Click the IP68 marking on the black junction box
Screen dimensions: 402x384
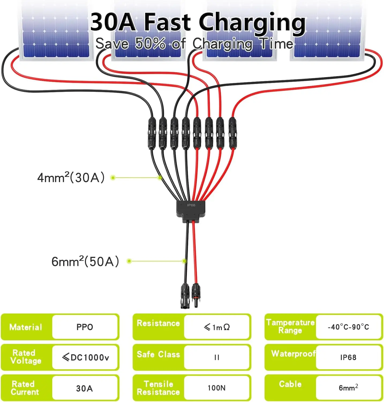(191, 205)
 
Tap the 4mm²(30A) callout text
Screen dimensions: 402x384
(71, 178)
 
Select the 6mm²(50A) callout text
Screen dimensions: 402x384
(85, 262)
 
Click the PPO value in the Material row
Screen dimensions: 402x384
(85, 327)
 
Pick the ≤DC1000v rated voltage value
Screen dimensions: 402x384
(85, 357)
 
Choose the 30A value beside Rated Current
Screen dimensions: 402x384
(84, 388)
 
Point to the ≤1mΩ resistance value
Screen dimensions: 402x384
(217, 327)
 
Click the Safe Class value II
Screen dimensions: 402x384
(217, 358)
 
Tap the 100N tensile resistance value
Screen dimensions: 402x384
(217, 388)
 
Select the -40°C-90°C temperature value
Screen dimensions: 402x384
(348, 327)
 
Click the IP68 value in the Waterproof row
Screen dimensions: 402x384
(348, 358)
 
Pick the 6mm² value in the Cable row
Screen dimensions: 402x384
(348, 388)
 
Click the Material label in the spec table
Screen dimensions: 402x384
(26, 327)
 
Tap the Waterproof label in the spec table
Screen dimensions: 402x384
(293, 354)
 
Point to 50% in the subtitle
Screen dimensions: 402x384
(150, 43)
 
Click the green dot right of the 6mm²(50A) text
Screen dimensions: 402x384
(129, 261)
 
